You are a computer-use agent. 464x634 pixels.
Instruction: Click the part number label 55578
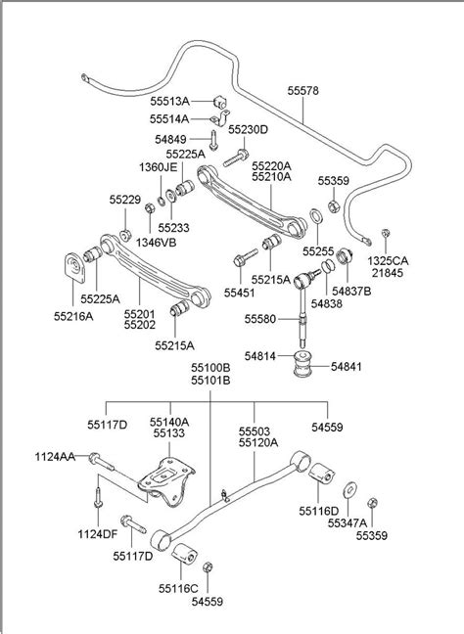click(302, 89)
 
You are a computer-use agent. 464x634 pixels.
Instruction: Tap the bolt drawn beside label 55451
click(242, 259)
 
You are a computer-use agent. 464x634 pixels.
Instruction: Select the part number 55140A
click(170, 421)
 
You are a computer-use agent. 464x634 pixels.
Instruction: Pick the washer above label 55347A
click(349, 487)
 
